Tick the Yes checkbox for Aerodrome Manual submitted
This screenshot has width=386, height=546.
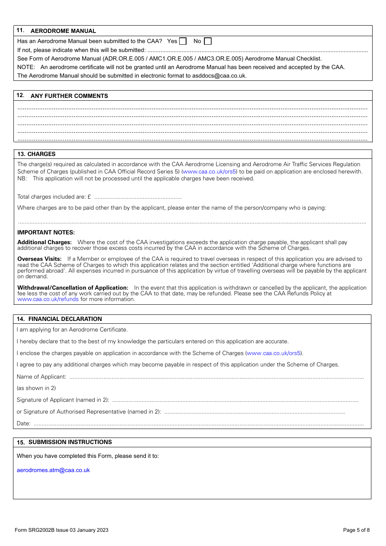point(183,41)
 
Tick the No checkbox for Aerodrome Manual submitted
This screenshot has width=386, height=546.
point(208,41)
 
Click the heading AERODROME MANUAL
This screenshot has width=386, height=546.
point(63,31)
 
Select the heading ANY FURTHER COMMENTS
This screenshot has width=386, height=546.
point(69,96)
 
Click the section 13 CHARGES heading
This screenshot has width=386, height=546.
point(37,154)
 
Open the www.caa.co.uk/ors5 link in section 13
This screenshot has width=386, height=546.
point(209,171)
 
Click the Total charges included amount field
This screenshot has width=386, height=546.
point(138,197)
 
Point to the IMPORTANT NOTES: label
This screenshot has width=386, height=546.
point(46,232)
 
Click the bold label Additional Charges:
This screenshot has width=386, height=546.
point(44,242)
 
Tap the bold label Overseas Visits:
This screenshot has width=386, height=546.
point(39,259)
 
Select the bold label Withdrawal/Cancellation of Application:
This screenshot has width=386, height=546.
point(73,288)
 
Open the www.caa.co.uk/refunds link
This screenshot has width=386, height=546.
point(48,299)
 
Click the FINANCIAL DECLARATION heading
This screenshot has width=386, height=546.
point(65,319)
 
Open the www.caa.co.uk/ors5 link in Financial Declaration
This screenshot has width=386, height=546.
point(274,353)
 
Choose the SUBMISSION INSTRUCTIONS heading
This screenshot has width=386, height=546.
point(70,442)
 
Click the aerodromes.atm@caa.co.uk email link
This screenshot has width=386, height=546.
point(53,470)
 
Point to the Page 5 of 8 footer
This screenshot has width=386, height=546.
point(356,530)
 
